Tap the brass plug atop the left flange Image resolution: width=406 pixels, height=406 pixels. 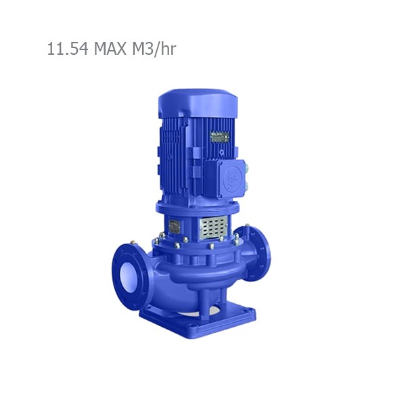tap(135, 243)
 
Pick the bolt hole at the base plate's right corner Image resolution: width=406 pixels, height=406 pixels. tap(250, 313)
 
